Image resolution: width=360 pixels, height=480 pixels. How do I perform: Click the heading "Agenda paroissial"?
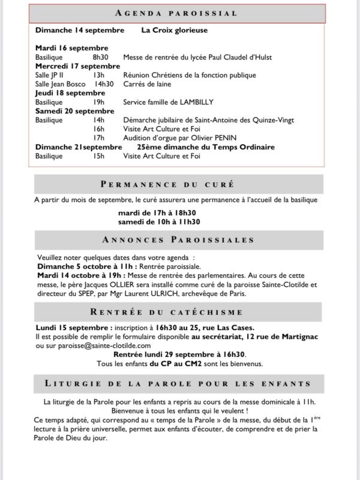(178, 13)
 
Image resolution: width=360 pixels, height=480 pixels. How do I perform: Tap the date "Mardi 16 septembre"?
(71, 47)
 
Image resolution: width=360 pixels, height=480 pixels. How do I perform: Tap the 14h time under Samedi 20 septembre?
(98, 120)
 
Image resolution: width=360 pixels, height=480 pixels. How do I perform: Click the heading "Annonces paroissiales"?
(178, 240)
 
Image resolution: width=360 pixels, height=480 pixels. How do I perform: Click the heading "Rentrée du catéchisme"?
(178, 311)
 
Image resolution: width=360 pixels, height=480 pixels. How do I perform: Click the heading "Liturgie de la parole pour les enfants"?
(178, 383)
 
